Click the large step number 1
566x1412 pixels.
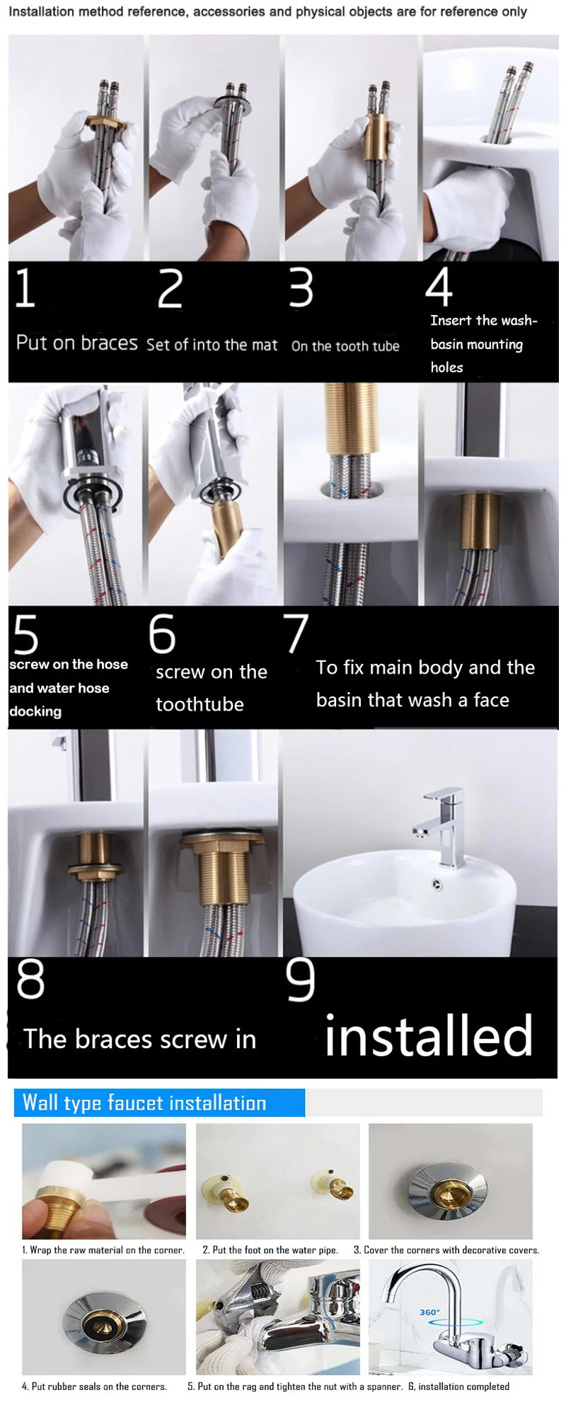[25, 288]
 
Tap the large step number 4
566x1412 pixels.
[439, 287]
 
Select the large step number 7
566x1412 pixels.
[296, 633]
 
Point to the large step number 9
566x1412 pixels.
[300, 980]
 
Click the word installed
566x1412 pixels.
[428, 1035]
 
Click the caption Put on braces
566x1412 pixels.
[76, 343]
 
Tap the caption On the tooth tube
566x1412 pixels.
[345, 346]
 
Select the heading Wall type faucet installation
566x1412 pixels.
[144, 1103]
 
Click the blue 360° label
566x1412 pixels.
[429, 1312]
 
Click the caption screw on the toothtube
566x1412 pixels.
[211, 687]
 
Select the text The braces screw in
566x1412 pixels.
[139, 1039]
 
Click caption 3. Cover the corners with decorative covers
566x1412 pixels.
[446, 1250]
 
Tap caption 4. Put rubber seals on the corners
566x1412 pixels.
[94, 1387]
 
